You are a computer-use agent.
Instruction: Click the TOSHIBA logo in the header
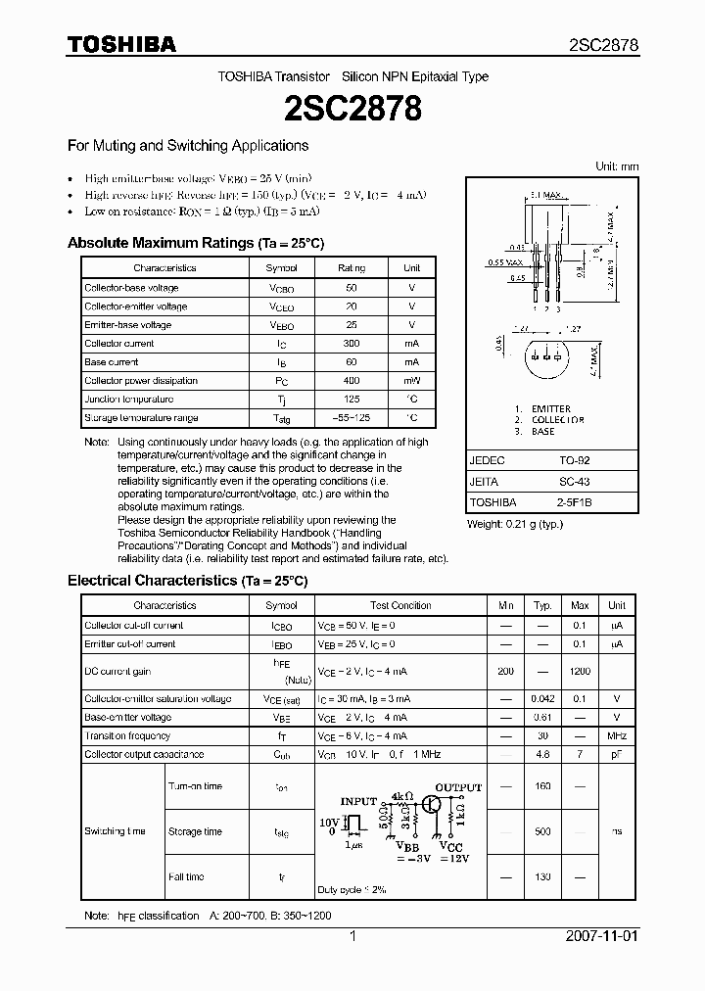121,44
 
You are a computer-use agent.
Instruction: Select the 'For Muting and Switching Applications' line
188,146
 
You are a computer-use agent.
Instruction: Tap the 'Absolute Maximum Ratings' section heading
195,243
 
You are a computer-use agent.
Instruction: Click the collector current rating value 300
352,344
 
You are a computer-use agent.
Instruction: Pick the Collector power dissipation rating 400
352,381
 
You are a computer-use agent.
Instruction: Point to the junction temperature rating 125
352,400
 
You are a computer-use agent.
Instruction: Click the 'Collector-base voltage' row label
131,288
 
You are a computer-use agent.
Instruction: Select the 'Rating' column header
352,268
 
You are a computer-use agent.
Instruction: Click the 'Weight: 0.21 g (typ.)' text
515,525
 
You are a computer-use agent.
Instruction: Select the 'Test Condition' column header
400,606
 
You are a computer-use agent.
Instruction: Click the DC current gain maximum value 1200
580,672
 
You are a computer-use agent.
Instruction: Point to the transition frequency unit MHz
617,735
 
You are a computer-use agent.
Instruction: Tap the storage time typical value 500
543,831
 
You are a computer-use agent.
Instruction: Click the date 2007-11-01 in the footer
601,936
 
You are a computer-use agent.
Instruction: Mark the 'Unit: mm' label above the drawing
617,167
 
